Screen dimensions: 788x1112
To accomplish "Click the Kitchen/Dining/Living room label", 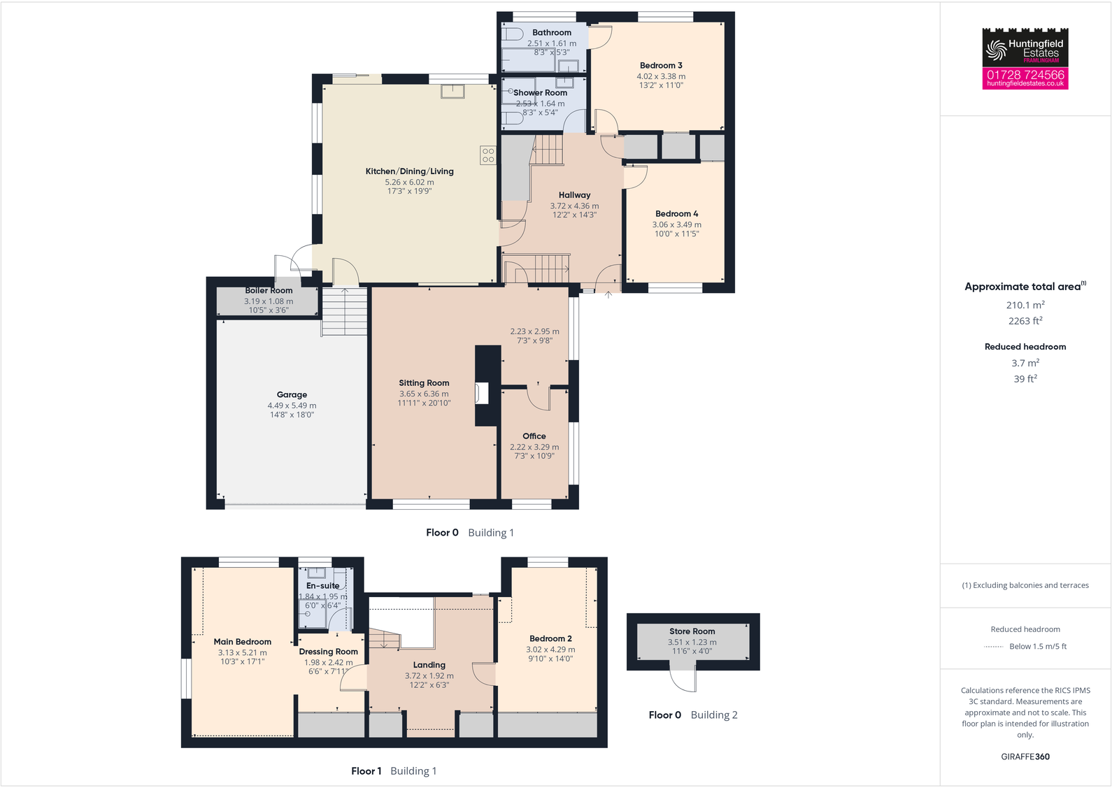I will pyautogui.click(x=409, y=171).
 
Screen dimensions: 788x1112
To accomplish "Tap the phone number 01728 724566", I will pyautogui.click(x=1025, y=74).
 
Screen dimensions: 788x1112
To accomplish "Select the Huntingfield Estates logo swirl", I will pyautogui.click(x=995, y=50).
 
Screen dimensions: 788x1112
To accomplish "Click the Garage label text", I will pyautogui.click(x=292, y=394).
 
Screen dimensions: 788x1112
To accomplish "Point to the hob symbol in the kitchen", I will pyautogui.click(x=488, y=155).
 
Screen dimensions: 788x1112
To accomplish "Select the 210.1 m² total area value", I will pyautogui.click(x=1025, y=305).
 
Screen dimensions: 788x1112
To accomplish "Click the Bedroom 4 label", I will pyautogui.click(x=676, y=214).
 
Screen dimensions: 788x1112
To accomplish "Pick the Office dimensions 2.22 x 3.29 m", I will pyautogui.click(x=534, y=447).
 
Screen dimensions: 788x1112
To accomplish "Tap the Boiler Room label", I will pyautogui.click(x=269, y=290).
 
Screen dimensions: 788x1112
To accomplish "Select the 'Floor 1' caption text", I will pyautogui.click(x=366, y=771).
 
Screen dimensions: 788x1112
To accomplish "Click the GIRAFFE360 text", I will pyautogui.click(x=1025, y=757).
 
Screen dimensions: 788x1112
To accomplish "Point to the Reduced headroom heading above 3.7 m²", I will pyautogui.click(x=1025, y=347).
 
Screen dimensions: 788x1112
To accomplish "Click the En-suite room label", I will pyautogui.click(x=322, y=586).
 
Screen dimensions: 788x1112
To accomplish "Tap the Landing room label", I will pyautogui.click(x=429, y=665).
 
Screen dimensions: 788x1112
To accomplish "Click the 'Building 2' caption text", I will pyautogui.click(x=714, y=715).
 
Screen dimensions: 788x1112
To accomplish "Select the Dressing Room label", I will pyautogui.click(x=328, y=652).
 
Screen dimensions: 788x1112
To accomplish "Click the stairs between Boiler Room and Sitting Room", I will pyautogui.click(x=344, y=312).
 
